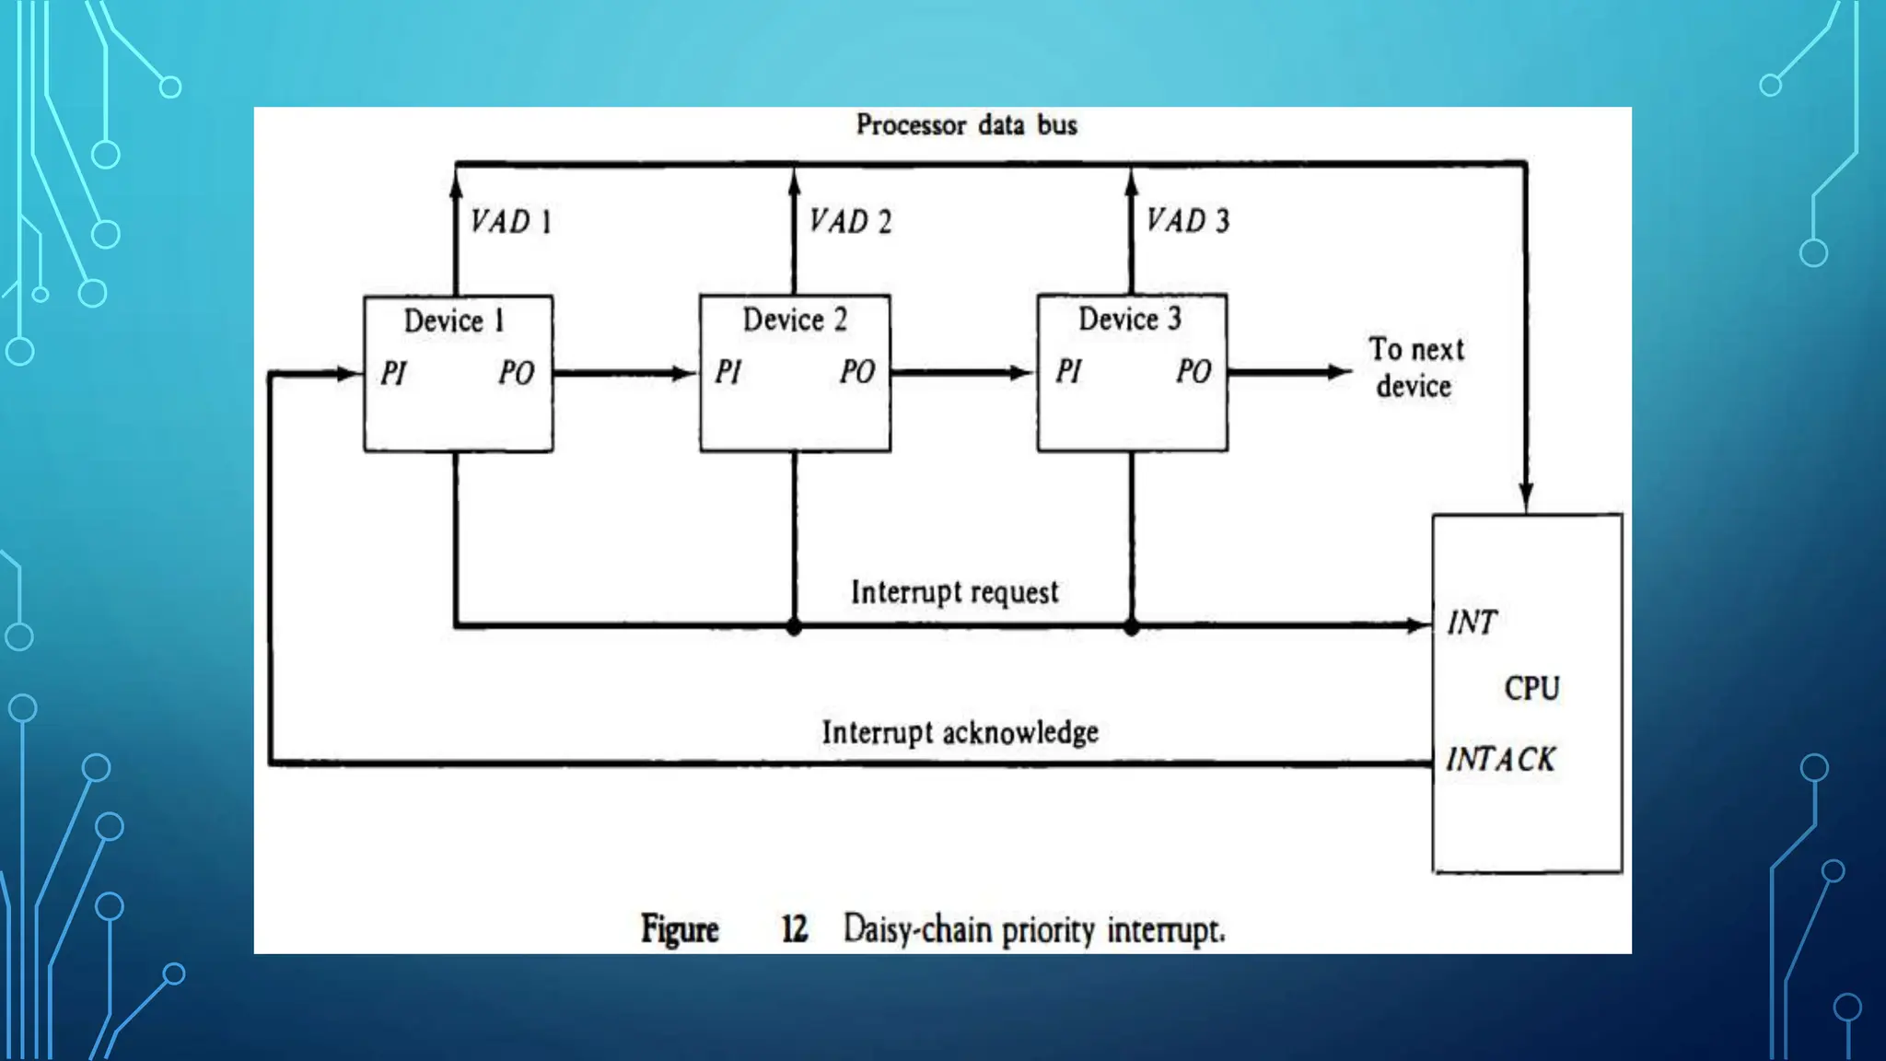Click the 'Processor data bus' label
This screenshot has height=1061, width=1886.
pos(966,125)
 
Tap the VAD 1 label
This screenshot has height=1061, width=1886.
pos(511,222)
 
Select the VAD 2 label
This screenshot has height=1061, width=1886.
pos(850,222)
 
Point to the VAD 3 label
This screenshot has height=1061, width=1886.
pos(1188,221)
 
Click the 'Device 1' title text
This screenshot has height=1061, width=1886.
pos(454,321)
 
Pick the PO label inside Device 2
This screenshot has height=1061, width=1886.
pos(857,372)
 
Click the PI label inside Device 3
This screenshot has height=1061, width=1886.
pos(1069,371)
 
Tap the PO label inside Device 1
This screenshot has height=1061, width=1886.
pos(517,373)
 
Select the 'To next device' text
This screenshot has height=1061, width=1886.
pos(1415,367)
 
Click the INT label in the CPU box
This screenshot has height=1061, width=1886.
pos(1472,623)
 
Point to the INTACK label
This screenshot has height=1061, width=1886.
pos(1500,760)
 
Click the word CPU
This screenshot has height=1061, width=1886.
pos(1531,689)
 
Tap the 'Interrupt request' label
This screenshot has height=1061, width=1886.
pos(954,592)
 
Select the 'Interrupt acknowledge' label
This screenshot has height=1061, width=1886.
pos(960,733)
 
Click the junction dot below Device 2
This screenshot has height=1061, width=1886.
pos(795,627)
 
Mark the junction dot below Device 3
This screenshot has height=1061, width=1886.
pos(1132,627)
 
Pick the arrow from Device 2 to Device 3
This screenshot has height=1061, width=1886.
pos(962,373)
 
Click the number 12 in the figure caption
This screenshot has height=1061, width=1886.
pos(794,929)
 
